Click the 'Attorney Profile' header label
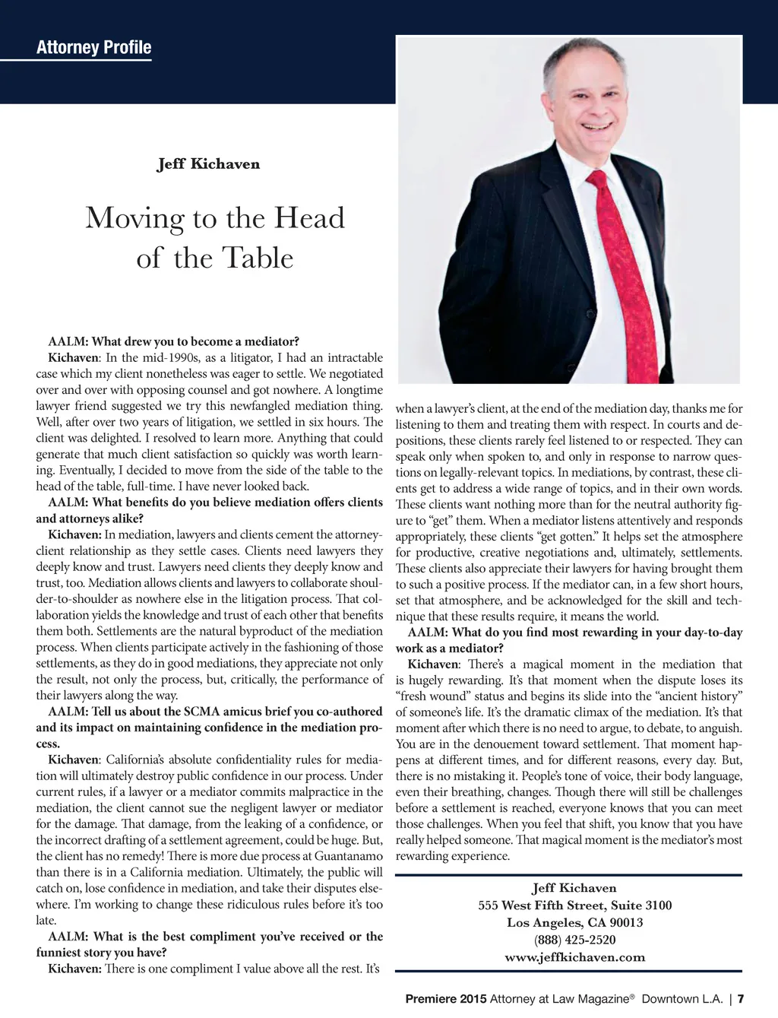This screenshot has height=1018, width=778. pyautogui.click(x=93, y=48)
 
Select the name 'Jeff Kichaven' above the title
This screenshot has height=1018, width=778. pyautogui.click(x=208, y=164)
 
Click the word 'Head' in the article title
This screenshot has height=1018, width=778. pyautogui.click(x=308, y=219)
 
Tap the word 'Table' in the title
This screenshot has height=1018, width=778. pyautogui.click(x=254, y=258)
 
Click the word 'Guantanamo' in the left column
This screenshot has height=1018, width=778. pyautogui.click(x=346, y=856)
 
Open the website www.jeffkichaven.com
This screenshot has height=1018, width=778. pyautogui.click(x=574, y=957)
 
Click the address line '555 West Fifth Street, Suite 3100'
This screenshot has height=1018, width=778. pyautogui.click(x=574, y=905)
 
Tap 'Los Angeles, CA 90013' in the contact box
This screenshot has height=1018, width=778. pyautogui.click(x=574, y=923)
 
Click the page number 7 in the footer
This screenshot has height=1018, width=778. pyautogui.click(x=741, y=999)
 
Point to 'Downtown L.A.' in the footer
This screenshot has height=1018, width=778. pyautogui.click(x=682, y=999)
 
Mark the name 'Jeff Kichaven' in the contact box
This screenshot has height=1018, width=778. pyautogui.click(x=574, y=888)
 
